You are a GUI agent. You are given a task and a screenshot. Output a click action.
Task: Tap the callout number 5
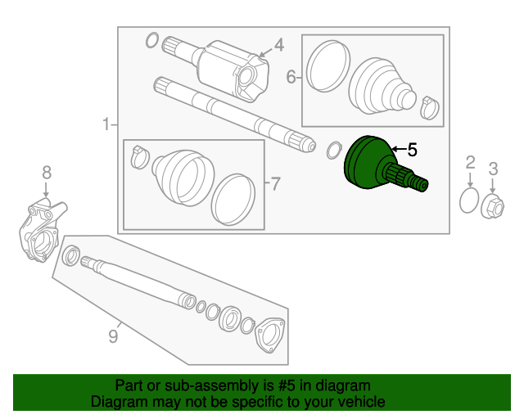tap(412, 150)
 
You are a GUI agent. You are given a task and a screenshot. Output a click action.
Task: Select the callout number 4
tap(278, 45)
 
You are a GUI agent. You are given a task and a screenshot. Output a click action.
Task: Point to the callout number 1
tap(106, 124)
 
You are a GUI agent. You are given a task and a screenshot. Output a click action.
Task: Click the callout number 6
tap(291, 78)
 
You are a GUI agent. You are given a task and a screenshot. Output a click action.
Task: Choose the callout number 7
tap(275, 183)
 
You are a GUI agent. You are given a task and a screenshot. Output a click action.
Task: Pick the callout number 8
tap(46, 172)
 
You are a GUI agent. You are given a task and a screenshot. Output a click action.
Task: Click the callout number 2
tap(470, 161)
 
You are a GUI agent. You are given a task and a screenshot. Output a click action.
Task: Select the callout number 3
tap(493, 169)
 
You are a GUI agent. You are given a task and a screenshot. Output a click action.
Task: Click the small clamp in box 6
tap(429, 105)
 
